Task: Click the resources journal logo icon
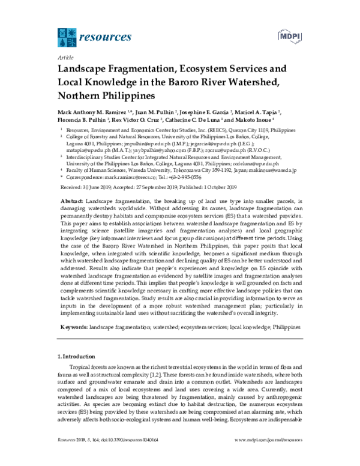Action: tap(64, 36)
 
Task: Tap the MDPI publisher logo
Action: tap(290, 38)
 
